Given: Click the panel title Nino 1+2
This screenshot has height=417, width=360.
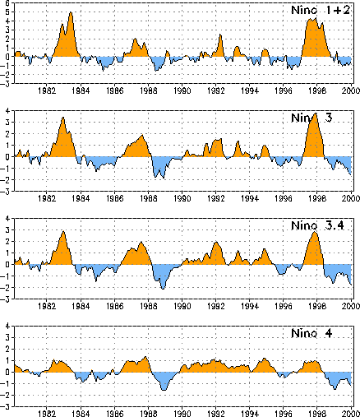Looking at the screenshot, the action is (x=321, y=10).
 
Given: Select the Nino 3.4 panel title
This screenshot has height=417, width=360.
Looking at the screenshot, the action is (x=317, y=225).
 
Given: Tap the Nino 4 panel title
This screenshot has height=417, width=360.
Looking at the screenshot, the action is (x=312, y=333).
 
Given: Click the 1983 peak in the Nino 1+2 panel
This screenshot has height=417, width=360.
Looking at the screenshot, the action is (x=71, y=12).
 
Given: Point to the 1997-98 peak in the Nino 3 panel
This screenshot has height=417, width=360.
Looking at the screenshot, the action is (x=316, y=114).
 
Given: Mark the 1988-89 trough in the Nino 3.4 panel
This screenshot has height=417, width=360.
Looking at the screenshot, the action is (x=163, y=289).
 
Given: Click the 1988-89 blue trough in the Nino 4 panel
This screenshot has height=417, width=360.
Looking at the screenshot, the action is (x=164, y=390).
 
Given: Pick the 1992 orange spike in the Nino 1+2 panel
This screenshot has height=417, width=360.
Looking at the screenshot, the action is (x=220, y=35).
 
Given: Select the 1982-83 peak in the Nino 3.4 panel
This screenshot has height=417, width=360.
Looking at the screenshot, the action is (x=63, y=232).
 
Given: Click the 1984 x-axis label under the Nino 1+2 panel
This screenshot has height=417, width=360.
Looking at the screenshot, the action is (x=81, y=90).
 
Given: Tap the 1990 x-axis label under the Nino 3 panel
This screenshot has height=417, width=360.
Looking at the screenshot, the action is (x=182, y=198).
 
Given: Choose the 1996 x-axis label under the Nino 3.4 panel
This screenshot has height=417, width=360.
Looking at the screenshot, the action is (x=284, y=306).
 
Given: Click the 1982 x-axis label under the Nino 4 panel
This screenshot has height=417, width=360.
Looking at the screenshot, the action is (x=47, y=414).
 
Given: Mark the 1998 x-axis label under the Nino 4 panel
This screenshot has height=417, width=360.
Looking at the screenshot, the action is (x=317, y=414).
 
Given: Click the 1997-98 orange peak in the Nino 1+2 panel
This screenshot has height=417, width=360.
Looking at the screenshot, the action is (x=316, y=19).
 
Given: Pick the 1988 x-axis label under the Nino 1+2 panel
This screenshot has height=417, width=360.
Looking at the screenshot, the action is (x=149, y=90).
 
